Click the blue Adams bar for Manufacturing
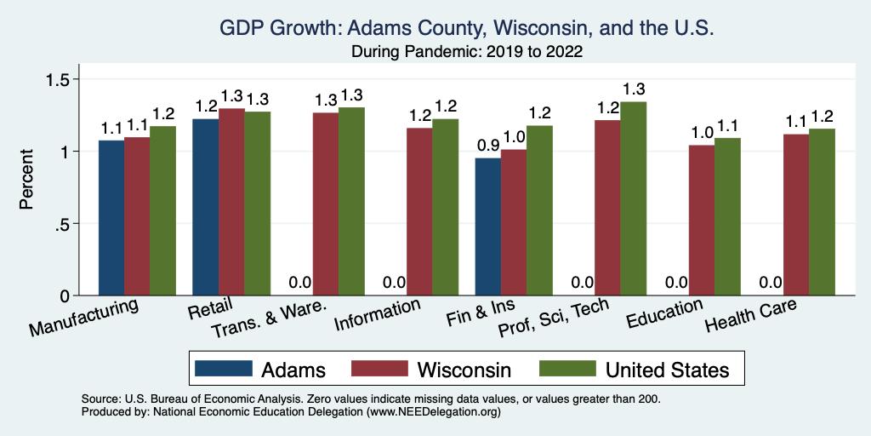point(111,218)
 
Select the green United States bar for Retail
point(259,204)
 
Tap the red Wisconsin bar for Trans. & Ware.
point(325,204)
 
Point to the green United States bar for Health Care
point(822,212)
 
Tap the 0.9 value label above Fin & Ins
point(487,144)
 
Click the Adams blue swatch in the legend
point(224,369)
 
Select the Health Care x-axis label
point(751,318)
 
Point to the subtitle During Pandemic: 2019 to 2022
point(466,52)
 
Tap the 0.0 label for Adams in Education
point(675,282)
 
